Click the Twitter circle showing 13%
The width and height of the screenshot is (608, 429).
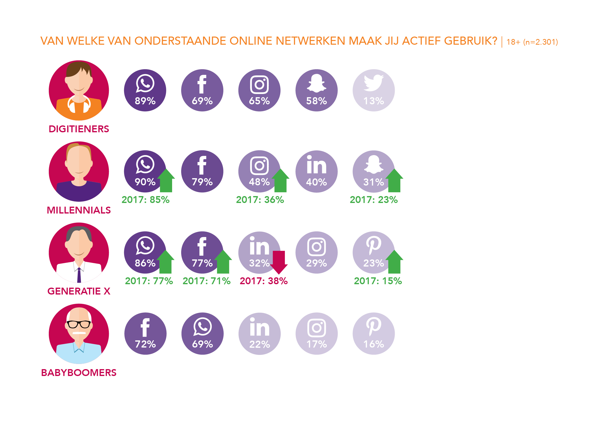pos(373,90)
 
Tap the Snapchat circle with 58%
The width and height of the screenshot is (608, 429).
pos(317,90)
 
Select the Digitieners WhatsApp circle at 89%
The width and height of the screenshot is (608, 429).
pos(145,90)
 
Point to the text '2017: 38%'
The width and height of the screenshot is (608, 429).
pos(264,281)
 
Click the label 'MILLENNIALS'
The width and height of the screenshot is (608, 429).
pos(79,210)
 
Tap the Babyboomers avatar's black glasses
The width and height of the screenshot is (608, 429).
pos(79,324)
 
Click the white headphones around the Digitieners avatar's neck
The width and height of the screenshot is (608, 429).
pos(79,105)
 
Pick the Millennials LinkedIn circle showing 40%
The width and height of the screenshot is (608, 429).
pos(317,172)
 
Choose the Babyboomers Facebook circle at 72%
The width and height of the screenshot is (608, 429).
pos(145,334)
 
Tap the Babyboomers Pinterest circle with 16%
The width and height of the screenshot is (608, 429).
pos(373,334)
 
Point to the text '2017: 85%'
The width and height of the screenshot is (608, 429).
pos(145,200)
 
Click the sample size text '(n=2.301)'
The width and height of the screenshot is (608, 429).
pos(540,42)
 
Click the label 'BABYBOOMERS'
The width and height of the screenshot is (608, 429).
pos(79,373)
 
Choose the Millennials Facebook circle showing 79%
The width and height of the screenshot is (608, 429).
pos(202,172)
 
